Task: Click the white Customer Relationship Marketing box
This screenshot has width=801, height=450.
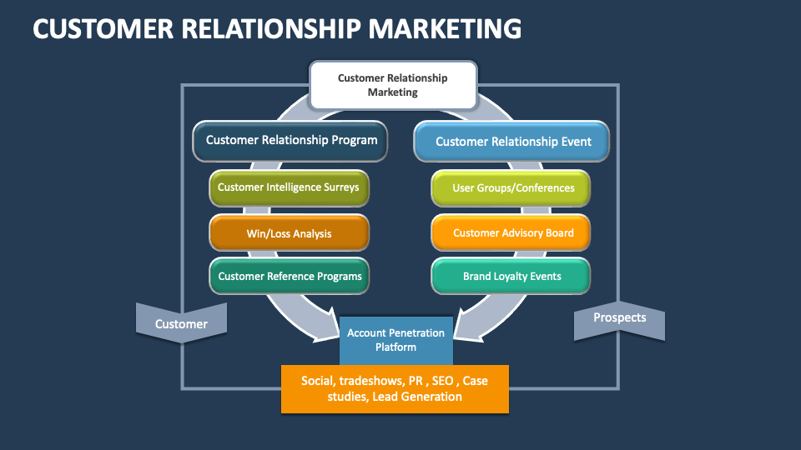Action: tap(393, 85)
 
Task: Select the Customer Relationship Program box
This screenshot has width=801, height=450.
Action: tap(291, 141)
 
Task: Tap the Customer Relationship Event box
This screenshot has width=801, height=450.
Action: tap(512, 142)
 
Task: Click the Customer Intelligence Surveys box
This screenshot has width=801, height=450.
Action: tap(289, 187)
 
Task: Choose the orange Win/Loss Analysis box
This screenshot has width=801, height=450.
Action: tap(289, 233)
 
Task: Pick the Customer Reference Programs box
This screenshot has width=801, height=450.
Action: tap(289, 276)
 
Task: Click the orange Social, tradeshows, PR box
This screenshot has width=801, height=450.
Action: tap(395, 389)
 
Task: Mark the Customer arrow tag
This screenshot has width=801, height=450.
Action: tap(181, 323)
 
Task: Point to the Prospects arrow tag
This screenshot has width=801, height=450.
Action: tap(619, 318)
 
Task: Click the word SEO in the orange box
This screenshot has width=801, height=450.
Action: tap(443, 381)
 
